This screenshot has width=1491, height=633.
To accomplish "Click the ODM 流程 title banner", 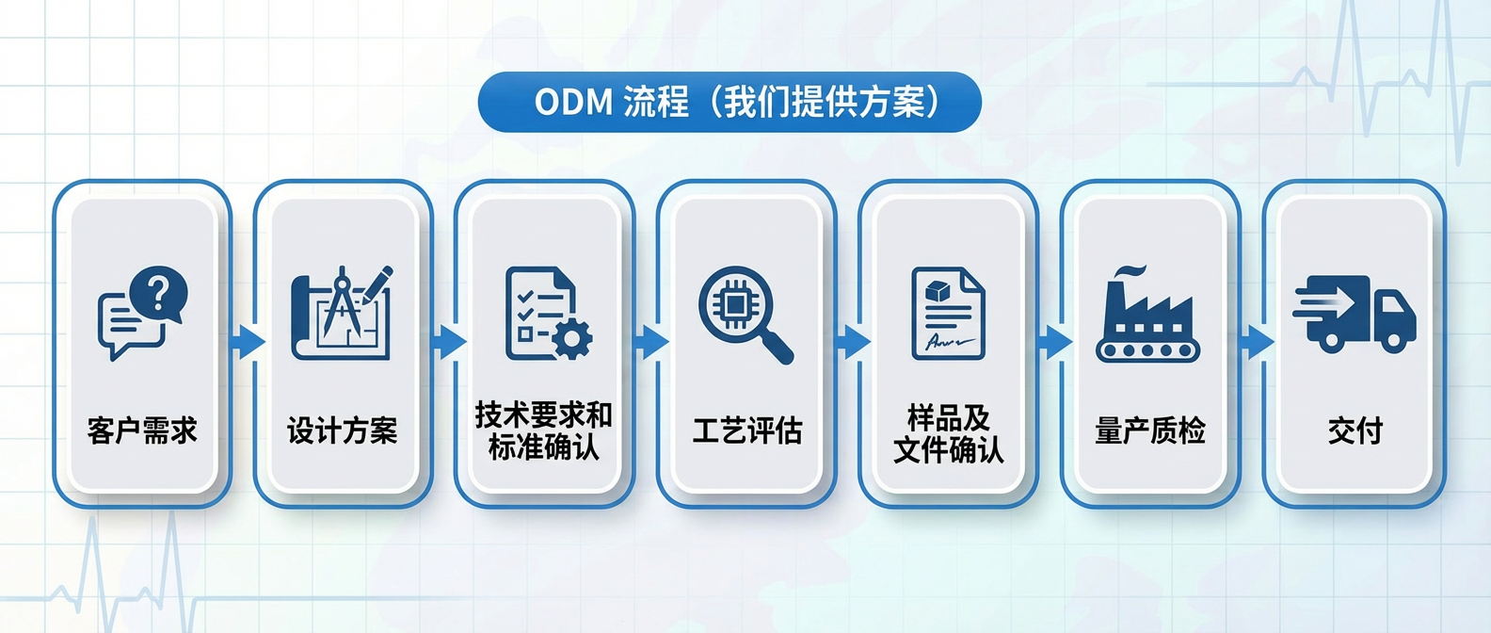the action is (729, 102).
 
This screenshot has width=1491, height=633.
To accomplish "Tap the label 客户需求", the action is (142, 430).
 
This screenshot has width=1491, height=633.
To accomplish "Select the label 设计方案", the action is (343, 430).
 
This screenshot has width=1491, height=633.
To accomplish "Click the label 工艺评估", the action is (747, 430).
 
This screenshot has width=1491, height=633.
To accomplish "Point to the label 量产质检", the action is (1150, 430).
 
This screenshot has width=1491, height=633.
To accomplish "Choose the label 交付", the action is (1355, 430).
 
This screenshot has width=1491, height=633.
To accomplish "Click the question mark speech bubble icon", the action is (142, 313).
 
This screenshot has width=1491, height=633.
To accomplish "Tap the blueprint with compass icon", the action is (342, 313).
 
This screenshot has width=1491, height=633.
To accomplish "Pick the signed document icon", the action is (948, 313).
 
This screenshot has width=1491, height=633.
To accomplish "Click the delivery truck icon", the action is (1355, 314).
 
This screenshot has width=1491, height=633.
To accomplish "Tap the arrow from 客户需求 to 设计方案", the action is (247, 342).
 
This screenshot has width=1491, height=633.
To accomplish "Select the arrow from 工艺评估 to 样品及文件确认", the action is (853, 342).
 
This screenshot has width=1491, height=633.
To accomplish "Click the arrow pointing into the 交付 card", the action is (1256, 342).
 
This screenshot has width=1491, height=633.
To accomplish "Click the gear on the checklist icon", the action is (571, 339).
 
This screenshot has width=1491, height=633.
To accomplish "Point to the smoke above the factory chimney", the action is (1130, 272).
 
